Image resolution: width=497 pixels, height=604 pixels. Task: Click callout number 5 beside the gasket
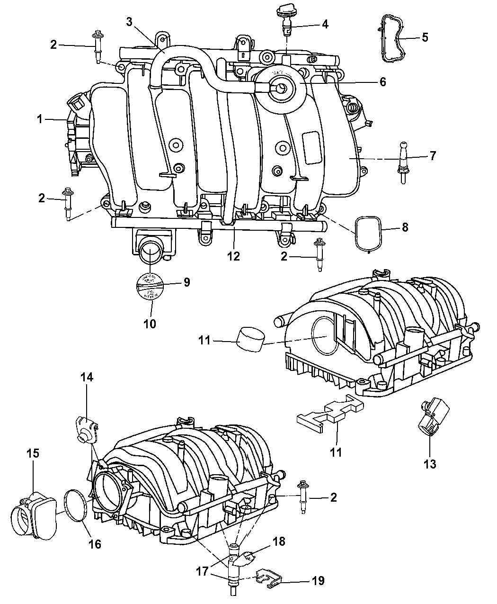(425, 37)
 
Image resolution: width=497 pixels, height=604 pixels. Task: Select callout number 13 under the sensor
(430, 464)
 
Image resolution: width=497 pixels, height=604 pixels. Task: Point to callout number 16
(95, 544)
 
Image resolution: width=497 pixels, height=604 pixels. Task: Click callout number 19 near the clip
(319, 581)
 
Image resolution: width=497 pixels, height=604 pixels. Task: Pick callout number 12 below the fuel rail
(233, 256)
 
